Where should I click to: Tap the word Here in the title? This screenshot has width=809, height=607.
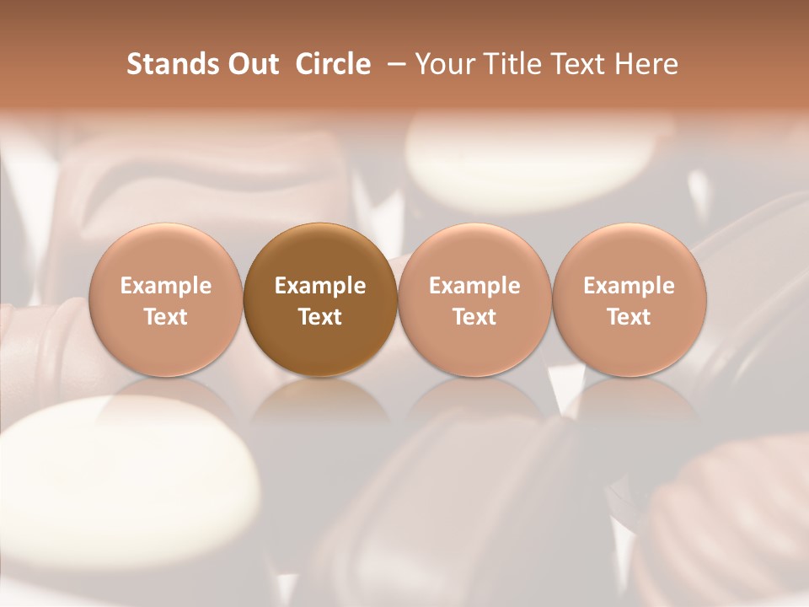649,64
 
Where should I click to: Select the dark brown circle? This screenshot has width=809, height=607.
320,299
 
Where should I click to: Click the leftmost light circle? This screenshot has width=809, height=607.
166,299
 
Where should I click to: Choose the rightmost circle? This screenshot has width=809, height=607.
630,299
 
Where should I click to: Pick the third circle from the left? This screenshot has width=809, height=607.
474,299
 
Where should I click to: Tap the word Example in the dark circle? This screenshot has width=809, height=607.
320,286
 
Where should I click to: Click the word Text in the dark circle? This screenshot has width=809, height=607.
320,317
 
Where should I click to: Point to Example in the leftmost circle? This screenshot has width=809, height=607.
166,286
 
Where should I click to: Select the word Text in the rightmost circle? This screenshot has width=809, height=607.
630,317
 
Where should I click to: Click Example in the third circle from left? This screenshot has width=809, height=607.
474,286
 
